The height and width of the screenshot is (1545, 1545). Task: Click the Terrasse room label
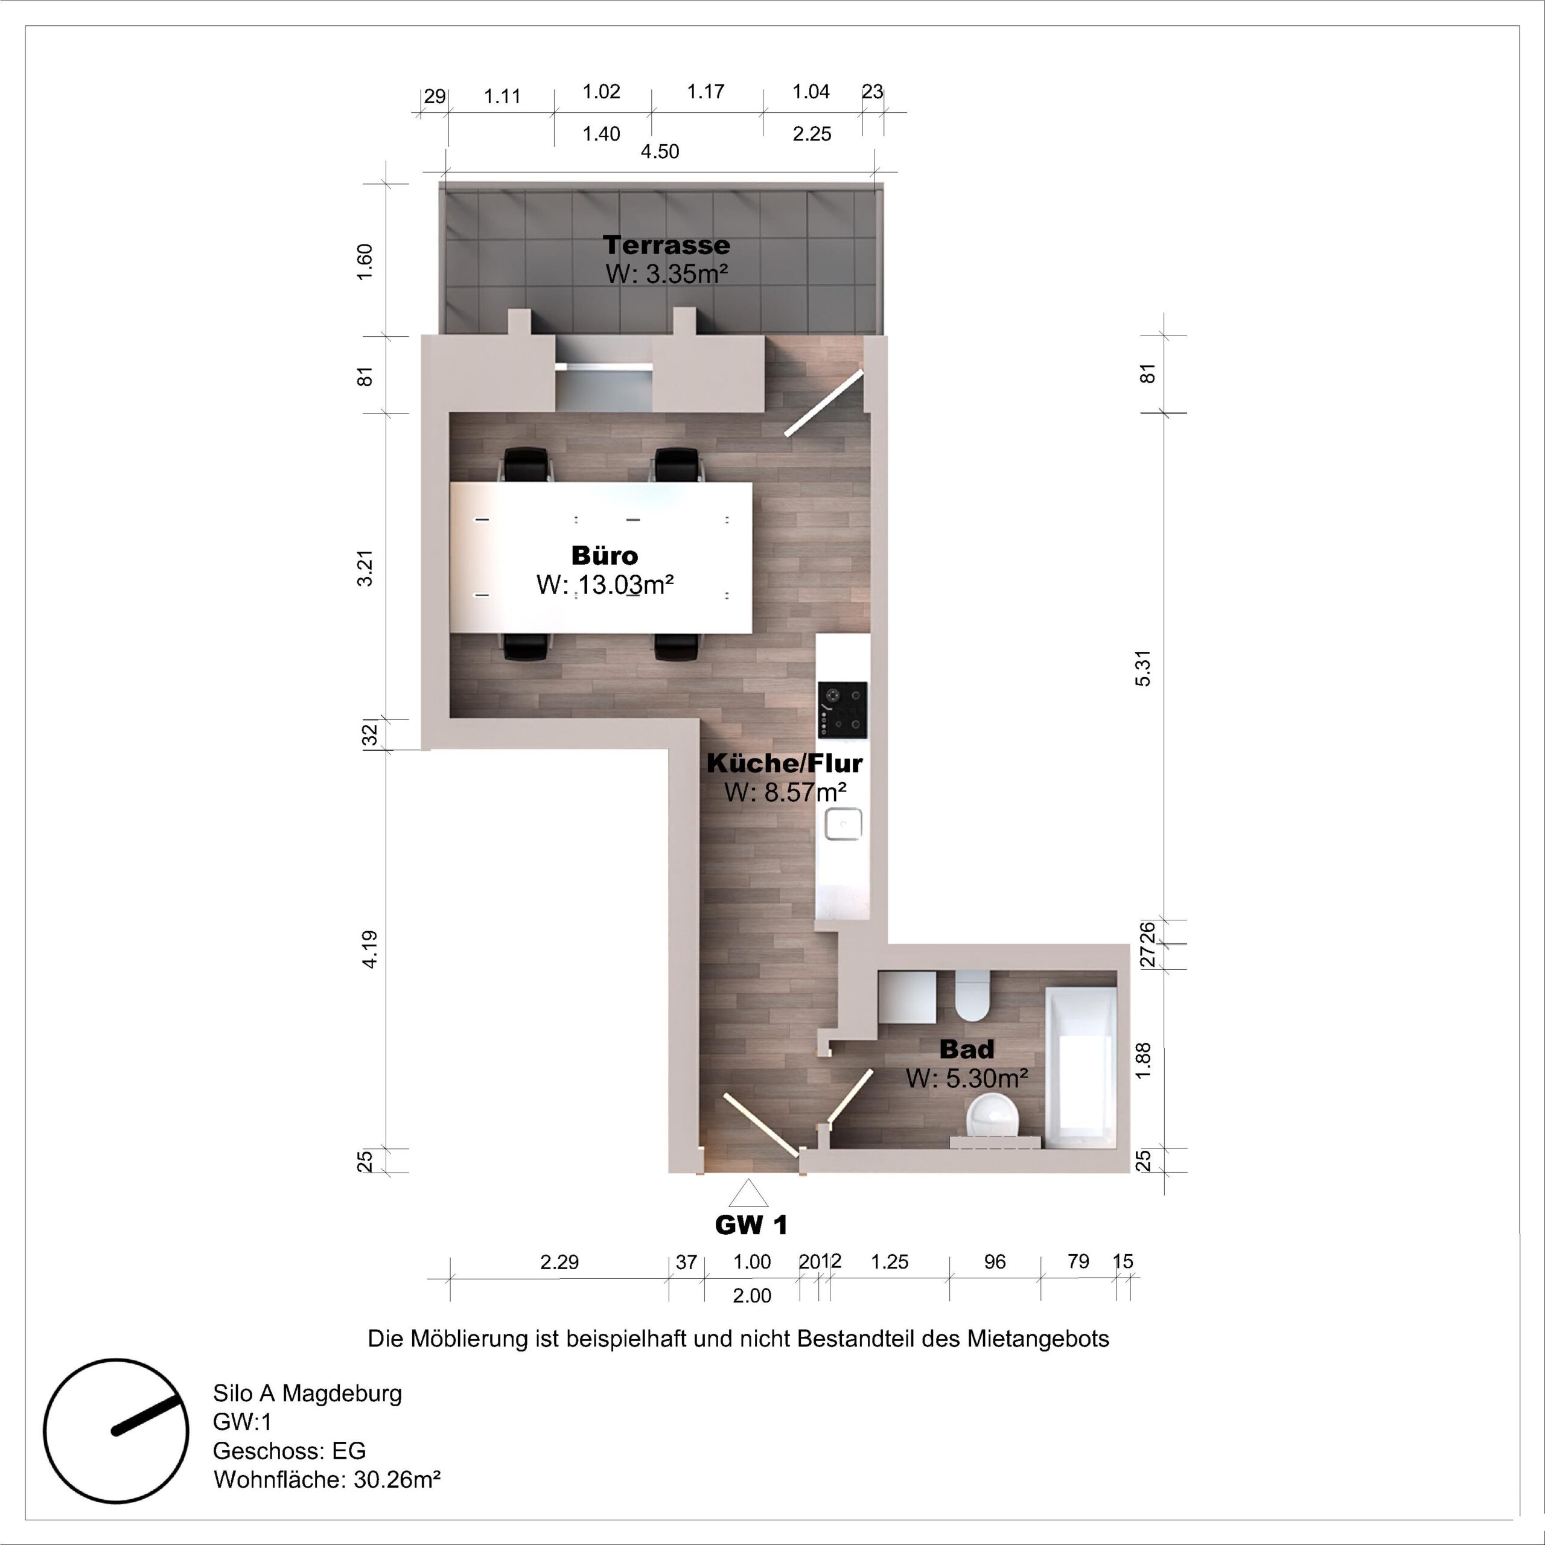click(666, 244)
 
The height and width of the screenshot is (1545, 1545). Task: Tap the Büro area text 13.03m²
click(605, 585)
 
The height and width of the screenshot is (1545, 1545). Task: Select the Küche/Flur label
click(784, 763)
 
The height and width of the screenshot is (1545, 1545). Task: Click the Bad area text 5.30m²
click(966, 1078)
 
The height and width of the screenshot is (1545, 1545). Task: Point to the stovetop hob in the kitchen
click(842, 710)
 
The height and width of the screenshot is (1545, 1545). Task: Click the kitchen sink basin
click(843, 824)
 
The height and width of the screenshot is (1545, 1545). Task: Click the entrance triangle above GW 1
click(748, 1194)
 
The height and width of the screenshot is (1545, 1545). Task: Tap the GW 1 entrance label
click(751, 1225)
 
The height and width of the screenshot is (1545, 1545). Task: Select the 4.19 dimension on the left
click(369, 949)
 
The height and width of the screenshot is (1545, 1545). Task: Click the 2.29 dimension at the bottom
click(559, 1262)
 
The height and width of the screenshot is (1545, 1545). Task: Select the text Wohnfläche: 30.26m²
click(327, 1479)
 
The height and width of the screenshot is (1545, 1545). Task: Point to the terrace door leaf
click(824, 403)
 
